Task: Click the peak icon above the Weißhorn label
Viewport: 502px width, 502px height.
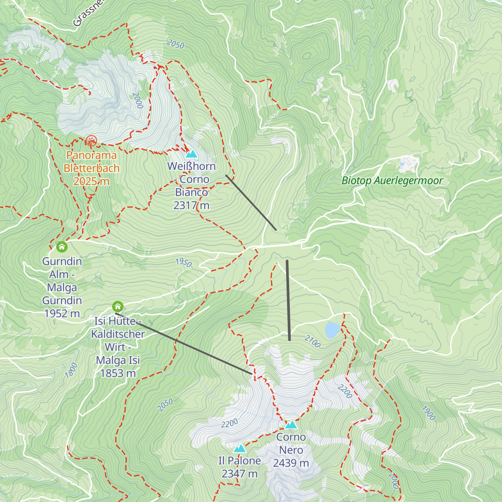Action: [191, 154]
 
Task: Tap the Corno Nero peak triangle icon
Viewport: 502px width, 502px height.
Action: [291, 425]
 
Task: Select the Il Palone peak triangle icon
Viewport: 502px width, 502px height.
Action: [240, 449]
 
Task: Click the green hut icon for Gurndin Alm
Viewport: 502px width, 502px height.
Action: [62, 247]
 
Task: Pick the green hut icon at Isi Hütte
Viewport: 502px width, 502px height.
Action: [118, 307]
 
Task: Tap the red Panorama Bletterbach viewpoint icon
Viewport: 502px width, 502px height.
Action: [91, 141]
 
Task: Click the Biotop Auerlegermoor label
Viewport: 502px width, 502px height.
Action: [392, 181]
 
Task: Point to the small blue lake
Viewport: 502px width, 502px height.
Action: [333, 330]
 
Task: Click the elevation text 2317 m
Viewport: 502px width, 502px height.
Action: [191, 205]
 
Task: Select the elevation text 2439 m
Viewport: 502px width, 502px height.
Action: [291, 463]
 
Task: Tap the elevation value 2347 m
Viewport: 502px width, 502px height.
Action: [239, 474]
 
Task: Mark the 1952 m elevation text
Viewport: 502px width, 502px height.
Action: [62, 313]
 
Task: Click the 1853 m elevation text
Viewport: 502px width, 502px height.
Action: [118, 373]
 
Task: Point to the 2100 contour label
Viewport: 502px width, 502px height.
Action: [312, 341]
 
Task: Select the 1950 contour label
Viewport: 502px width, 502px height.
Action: [183, 262]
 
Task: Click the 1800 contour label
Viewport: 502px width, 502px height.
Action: [72, 371]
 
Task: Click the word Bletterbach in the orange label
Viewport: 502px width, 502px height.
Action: [91, 168]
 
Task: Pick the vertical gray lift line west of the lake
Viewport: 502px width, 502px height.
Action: [288, 300]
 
